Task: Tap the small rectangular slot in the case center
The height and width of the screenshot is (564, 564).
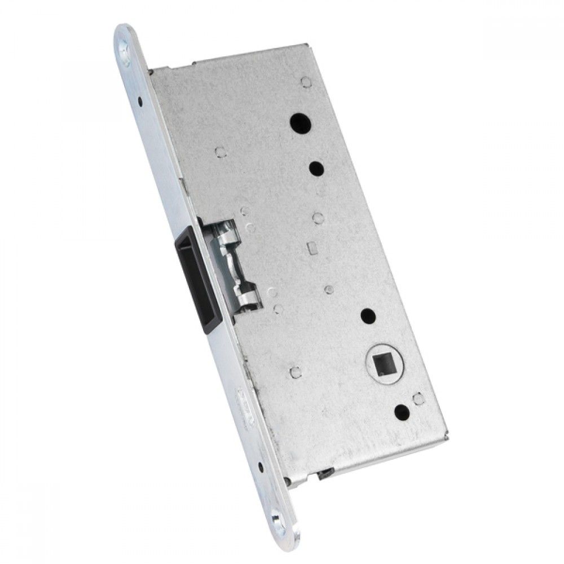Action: [310, 247]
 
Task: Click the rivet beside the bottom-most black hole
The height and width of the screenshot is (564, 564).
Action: [417, 399]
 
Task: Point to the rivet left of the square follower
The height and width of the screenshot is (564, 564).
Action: [293, 371]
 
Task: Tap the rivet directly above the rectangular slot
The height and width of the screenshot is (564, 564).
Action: [316, 217]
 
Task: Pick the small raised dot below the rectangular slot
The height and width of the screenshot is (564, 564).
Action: [328, 289]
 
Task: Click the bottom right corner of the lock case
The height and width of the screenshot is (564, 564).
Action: [448, 437]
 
